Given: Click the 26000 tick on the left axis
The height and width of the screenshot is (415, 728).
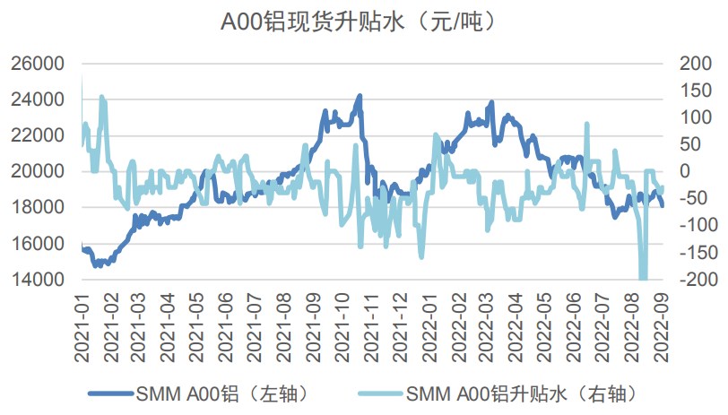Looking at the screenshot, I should (37, 64).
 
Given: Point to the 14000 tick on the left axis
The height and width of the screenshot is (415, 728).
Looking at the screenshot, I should (37, 280).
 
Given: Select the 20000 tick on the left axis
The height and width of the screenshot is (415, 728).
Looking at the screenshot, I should (37, 171).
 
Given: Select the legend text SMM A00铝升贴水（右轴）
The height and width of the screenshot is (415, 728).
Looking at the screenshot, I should (523, 393).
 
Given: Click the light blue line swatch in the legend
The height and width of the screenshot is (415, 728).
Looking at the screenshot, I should (380, 393).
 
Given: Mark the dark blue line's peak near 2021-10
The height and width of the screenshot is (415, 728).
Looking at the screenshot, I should (360, 96).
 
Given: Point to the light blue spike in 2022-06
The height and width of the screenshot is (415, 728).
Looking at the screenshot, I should (587, 125).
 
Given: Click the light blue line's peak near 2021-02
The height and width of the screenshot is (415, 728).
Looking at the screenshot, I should (101, 96).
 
